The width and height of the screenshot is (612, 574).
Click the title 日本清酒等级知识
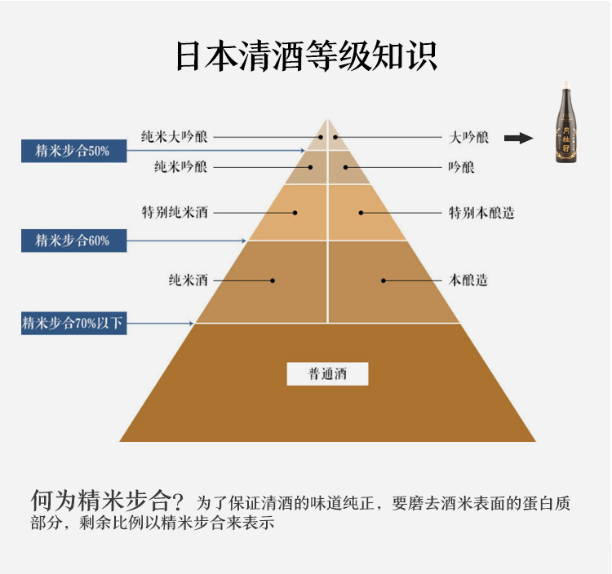[306, 55]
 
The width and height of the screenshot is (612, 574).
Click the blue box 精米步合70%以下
[73, 324]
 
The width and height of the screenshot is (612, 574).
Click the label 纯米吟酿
[180, 167]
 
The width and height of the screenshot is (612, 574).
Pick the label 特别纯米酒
[175, 213]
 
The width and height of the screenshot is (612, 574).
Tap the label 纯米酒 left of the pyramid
[188, 280]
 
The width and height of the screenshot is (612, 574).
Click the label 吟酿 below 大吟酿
[462, 167]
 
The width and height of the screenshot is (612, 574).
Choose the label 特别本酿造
[482, 213]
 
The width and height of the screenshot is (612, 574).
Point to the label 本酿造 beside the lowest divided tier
[468, 280]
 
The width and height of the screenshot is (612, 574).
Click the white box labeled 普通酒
[327, 374]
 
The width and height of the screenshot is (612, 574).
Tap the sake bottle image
[564, 123]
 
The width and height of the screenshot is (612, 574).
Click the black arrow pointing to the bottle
[518, 138]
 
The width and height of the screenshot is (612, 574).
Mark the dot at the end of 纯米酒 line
[273, 280]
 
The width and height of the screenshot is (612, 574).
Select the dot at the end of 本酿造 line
[383, 280]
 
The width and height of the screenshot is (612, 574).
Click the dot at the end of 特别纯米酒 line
[295, 213]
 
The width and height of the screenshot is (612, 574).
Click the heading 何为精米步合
[107, 500]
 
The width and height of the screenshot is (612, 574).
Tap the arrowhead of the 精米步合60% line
[244, 241]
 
